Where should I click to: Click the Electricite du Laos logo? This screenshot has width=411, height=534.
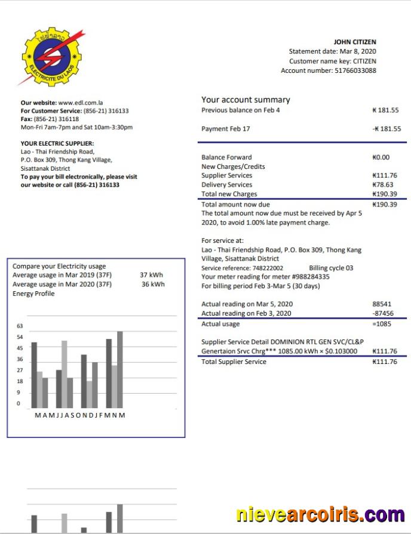(x=50, y=57)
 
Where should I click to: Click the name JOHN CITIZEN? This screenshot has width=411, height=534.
(x=355, y=42)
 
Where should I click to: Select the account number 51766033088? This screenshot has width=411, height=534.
(x=354, y=70)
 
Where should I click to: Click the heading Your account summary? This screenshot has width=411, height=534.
(x=246, y=100)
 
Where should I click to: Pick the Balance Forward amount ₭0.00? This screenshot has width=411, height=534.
(x=381, y=158)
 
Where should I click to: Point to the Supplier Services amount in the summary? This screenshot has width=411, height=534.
(x=384, y=175)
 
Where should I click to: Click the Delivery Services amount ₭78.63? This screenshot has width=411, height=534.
(x=383, y=185)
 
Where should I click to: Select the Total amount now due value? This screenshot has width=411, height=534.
(x=384, y=204)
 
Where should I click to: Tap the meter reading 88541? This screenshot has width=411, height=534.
(x=382, y=304)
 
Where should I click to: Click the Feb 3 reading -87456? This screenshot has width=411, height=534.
(x=382, y=313)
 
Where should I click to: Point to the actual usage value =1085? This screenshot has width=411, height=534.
(x=382, y=324)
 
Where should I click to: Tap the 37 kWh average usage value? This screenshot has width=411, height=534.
(x=151, y=275)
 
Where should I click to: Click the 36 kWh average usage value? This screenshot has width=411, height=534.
(x=153, y=284)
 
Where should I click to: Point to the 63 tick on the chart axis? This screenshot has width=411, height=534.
(x=19, y=326)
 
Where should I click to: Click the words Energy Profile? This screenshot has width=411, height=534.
(x=33, y=294)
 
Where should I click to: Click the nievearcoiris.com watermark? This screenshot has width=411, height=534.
(x=320, y=514)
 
